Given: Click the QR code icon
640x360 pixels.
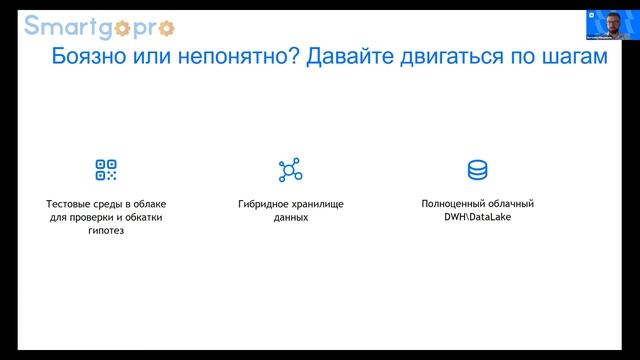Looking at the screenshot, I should tap(106, 170).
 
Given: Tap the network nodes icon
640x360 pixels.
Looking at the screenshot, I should tap(290, 170).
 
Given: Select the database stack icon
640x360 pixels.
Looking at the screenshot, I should tap(478, 170).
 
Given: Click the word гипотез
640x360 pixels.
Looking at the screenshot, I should tap(106, 231).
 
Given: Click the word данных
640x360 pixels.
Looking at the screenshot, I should tap(291, 217).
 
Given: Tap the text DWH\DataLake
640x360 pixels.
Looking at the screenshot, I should tap(478, 217).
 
